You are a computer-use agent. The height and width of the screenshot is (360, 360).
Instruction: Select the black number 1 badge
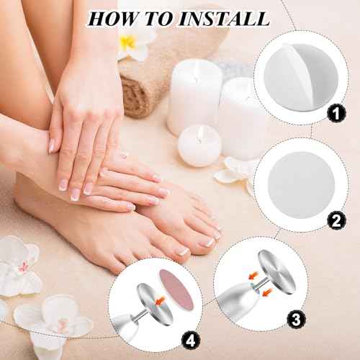(332, 112)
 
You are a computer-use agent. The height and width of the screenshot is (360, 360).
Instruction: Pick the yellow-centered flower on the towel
(129, 44)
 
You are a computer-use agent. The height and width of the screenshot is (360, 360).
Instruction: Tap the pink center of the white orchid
(24, 266)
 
